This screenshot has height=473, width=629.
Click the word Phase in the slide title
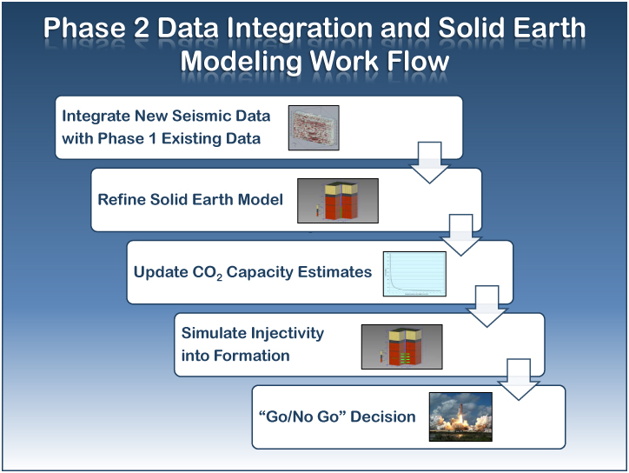tap(84, 28)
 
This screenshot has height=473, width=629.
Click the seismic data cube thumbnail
tap(314, 128)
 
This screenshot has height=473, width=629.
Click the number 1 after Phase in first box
tap(152, 138)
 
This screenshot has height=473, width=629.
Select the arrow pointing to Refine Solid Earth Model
tap(430, 163)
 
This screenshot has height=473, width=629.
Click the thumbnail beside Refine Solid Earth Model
tap(338, 201)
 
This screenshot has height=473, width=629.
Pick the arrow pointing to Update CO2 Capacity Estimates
tap(461, 235)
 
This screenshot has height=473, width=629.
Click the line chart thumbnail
tap(414, 274)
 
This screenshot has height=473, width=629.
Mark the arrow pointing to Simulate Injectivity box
tap(487, 306)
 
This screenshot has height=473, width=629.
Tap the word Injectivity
tap(287, 333)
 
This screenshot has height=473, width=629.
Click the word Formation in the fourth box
tap(252, 356)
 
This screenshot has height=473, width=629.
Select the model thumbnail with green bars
tap(402, 347)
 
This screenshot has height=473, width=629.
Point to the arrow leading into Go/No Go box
tap(519, 379)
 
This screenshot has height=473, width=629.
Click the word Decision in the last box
tap(382, 416)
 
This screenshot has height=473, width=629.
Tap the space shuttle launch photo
tap(460, 416)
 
